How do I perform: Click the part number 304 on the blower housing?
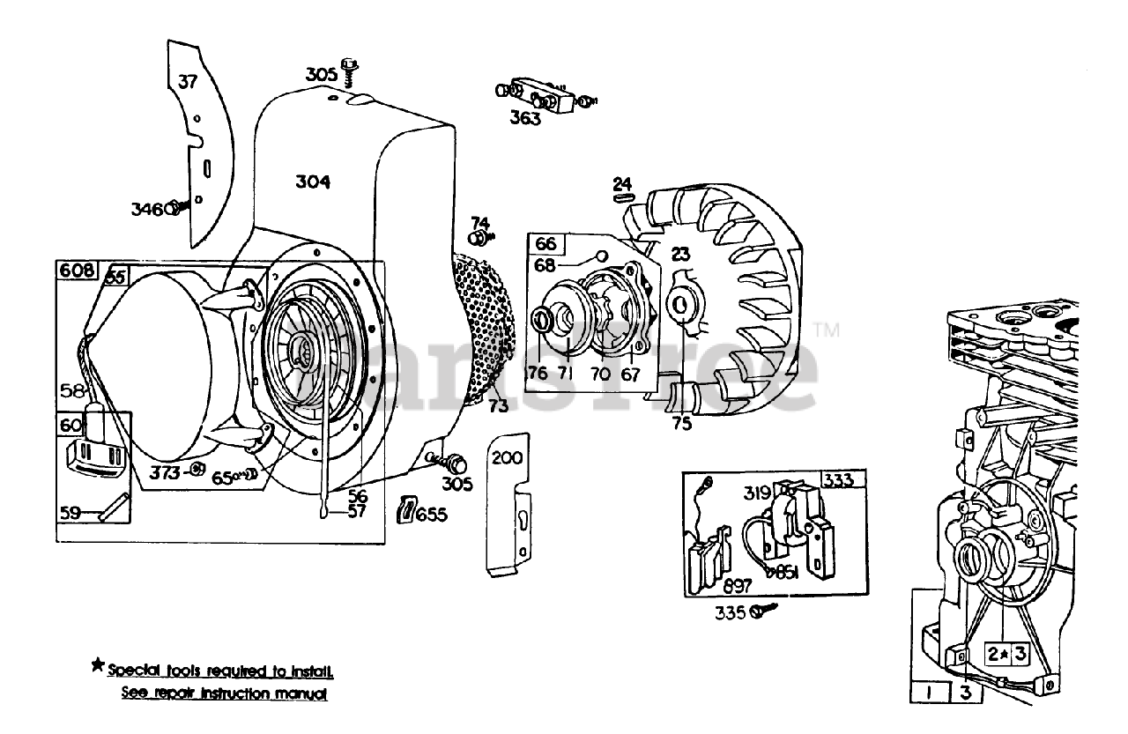tap(313, 182)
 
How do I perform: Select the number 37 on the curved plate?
tap(188, 83)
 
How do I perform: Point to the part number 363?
tap(525, 118)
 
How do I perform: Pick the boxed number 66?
tap(545, 243)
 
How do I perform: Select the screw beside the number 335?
tap(764, 610)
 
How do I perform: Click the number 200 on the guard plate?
tap(507, 457)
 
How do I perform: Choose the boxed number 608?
tap(74, 271)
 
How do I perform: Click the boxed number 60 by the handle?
tap(70, 425)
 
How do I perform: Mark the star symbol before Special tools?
tap(97, 665)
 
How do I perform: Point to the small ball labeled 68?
tap(601, 256)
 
